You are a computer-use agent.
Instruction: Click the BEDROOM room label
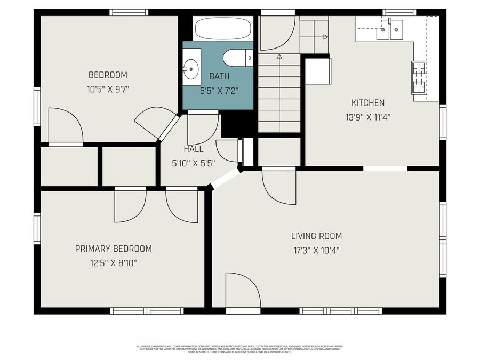point(108,75)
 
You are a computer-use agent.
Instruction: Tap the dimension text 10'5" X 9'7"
point(108,89)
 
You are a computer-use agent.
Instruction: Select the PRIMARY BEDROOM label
point(113,249)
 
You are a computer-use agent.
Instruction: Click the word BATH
point(219,76)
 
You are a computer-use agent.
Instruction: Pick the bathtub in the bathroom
point(223,28)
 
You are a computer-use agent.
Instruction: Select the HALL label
point(193,149)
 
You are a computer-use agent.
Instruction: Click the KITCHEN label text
point(367,103)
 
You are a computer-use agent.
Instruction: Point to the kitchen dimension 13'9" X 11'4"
point(367,117)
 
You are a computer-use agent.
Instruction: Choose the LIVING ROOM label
point(316,236)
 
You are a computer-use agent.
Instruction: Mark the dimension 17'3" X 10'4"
point(316,249)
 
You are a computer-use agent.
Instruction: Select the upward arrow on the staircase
point(279,55)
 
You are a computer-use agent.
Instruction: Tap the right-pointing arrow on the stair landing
point(324,37)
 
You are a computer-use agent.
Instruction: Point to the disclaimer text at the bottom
point(239,349)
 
